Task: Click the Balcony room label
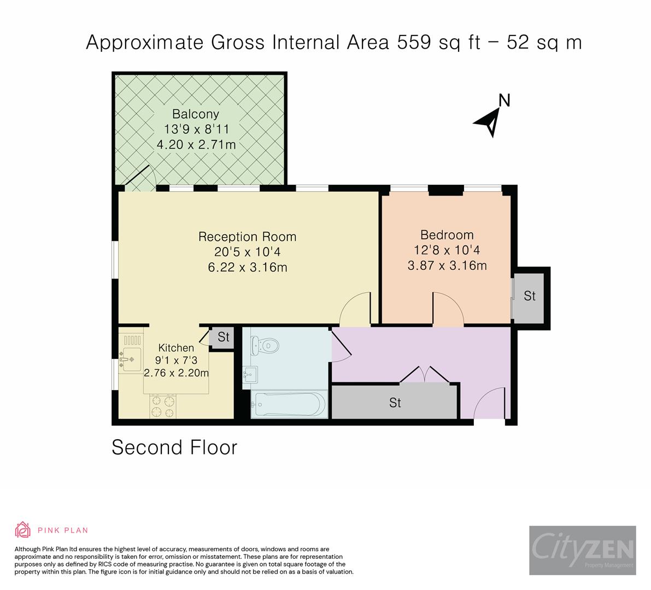click(x=195, y=114)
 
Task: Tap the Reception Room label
click(x=247, y=237)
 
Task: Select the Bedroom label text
click(x=447, y=235)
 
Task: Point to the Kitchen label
click(x=176, y=348)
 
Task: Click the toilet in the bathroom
click(x=266, y=346)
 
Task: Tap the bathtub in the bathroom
click(x=289, y=404)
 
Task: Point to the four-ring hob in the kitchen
click(x=163, y=406)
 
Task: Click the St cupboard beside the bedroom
click(x=529, y=296)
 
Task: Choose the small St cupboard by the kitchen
click(x=223, y=337)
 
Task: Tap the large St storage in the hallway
click(x=395, y=403)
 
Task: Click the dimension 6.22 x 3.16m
click(x=247, y=267)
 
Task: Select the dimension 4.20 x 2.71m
click(x=196, y=145)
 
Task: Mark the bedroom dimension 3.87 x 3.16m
click(x=447, y=265)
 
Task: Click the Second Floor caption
click(x=174, y=447)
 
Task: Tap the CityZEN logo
click(x=582, y=550)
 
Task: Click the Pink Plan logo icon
click(x=22, y=529)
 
